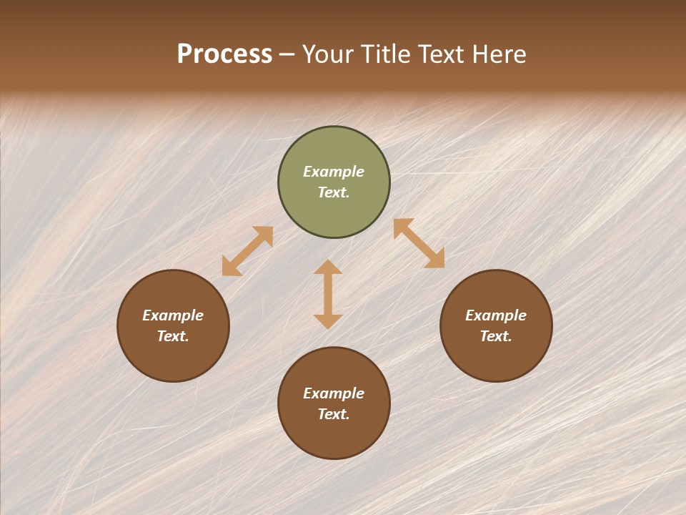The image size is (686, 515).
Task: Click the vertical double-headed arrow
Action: [328, 294]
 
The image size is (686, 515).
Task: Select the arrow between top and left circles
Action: [247, 251]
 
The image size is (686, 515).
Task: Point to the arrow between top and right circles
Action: [419, 243]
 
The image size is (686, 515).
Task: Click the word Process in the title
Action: [224, 54]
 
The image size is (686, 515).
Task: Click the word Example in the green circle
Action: [334, 172]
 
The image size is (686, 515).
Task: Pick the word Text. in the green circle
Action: [334, 192]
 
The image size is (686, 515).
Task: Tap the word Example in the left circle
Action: [173, 315]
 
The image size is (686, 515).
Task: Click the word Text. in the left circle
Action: [173, 336]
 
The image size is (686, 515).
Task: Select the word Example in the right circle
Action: [496, 315]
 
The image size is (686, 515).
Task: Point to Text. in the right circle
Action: [496, 336]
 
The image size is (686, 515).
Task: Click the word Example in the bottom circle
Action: [334, 393]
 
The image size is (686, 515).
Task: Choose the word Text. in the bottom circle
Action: [334, 414]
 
